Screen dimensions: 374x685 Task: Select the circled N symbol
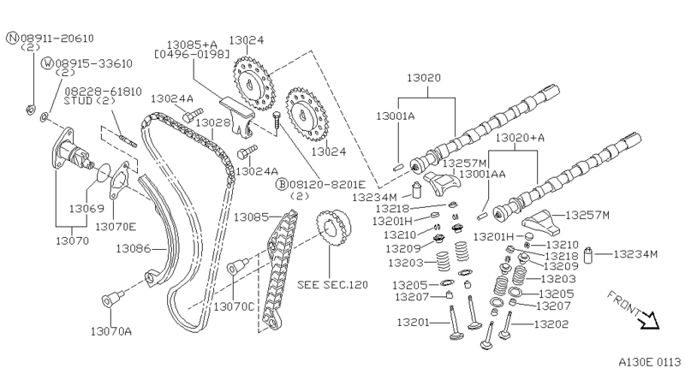[11, 39]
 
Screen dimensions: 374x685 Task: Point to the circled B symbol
[281, 184]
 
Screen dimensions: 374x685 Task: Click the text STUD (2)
[88, 100]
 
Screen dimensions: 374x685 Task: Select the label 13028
[213, 122]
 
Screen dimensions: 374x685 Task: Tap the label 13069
[86, 209]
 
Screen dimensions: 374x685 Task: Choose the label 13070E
[114, 227]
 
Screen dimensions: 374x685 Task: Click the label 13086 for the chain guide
[134, 249]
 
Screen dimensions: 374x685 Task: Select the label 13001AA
[482, 175]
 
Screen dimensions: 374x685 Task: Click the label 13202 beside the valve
[551, 324]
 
